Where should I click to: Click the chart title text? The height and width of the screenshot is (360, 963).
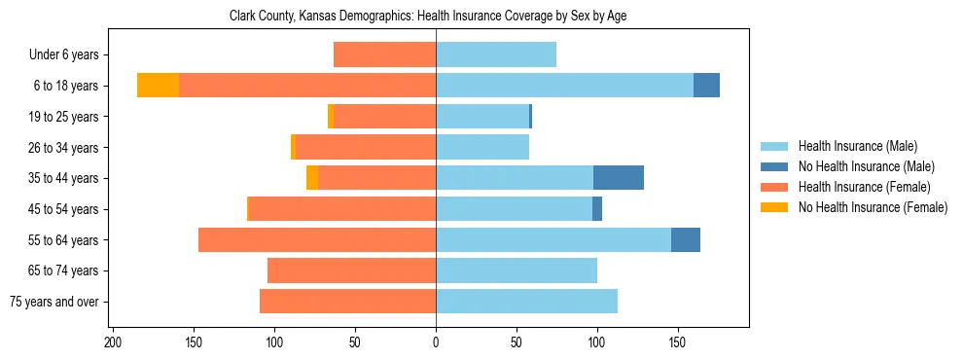pyautogui.click(x=436, y=17)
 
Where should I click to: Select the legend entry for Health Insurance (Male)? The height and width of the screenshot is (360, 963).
pyautogui.click(x=856, y=146)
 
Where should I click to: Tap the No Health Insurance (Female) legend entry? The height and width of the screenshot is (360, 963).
pyautogui.click(x=873, y=207)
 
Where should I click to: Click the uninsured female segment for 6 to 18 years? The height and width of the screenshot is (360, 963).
pyautogui.click(x=158, y=86)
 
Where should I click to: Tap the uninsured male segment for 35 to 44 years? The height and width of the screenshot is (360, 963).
pyautogui.click(x=619, y=178)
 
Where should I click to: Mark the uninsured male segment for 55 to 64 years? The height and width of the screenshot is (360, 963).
pyautogui.click(x=686, y=239)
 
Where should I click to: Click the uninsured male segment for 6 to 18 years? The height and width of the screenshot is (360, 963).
pyautogui.click(x=706, y=86)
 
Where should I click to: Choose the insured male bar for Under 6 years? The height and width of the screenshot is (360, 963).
pyautogui.click(x=496, y=54)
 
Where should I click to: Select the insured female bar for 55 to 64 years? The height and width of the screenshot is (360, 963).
pyautogui.click(x=317, y=239)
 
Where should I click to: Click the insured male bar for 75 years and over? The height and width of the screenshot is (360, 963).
pyautogui.click(x=526, y=302)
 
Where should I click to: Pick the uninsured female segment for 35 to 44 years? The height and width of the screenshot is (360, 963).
pyautogui.click(x=312, y=178)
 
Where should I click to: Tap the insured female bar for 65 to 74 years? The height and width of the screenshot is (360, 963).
pyautogui.click(x=351, y=270)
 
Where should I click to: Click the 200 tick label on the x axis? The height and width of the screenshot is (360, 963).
pyautogui.click(x=113, y=342)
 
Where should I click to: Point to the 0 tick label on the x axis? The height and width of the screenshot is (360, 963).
pyautogui.click(x=436, y=342)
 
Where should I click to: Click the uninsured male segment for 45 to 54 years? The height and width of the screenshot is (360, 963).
pyautogui.click(x=597, y=209)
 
